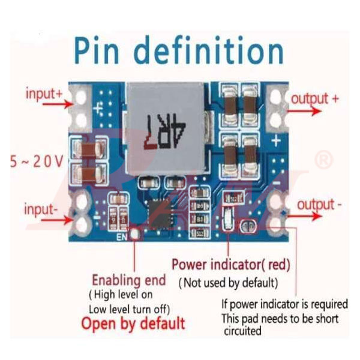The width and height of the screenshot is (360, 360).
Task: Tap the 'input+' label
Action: pos(44,94)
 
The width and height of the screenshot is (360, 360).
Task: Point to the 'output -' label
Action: pos(320,205)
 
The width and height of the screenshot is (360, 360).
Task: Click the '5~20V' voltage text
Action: pos(37,161)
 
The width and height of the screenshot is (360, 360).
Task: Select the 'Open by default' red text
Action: pos(133,324)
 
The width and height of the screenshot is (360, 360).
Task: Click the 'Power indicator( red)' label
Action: pos(230,264)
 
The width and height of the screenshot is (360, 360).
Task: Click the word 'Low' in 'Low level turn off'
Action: pos(97,309)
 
